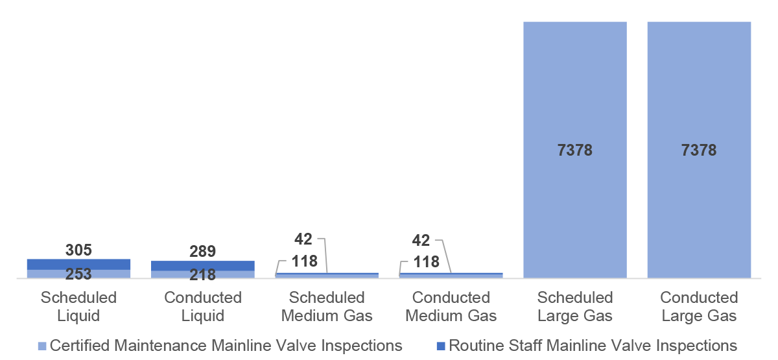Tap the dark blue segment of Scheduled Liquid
pyautogui.click(x=78, y=264)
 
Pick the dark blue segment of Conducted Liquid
pyautogui.click(x=202, y=265)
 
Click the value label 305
pyautogui.click(x=78, y=250)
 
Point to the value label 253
pyautogui.click(x=78, y=274)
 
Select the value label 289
pyautogui.click(x=202, y=252)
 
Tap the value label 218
pyautogui.click(x=202, y=275)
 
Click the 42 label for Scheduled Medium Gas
pyautogui.click(x=303, y=239)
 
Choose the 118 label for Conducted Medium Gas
pyautogui.click(x=426, y=263)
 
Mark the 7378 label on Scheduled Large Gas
pyautogui.click(x=574, y=150)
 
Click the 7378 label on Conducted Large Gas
pyautogui.click(x=699, y=150)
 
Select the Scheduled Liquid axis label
pyautogui.click(x=78, y=307)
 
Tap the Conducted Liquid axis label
pyautogui.click(x=202, y=307)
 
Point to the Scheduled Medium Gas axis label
pyautogui.click(x=327, y=307)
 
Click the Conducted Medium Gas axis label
pyautogui.click(x=451, y=307)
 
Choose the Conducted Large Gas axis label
pyautogui.click(x=699, y=307)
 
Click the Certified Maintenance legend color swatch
pyautogui.click(x=43, y=346)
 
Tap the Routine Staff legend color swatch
pyautogui.click(x=441, y=346)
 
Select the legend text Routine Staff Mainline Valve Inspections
pyautogui.click(x=593, y=345)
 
